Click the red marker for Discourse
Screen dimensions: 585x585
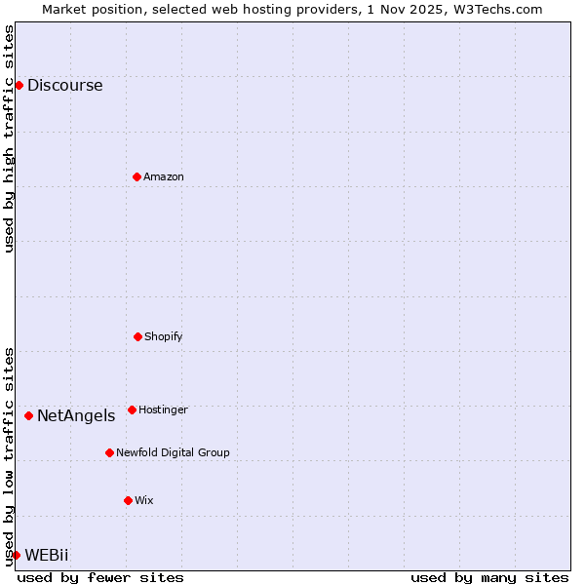click(x=19, y=85)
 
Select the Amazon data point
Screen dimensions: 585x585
click(x=136, y=176)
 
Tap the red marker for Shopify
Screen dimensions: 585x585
click(x=137, y=336)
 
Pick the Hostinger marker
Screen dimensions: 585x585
click(x=132, y=409)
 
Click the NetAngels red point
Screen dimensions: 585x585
click(x=28, y=415)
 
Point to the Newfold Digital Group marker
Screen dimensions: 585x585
click(x=109, y=452)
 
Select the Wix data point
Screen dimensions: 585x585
click(x=128, y=500)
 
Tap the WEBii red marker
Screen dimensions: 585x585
click(x=16, y=555)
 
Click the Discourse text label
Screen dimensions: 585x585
click(x=64, y=85)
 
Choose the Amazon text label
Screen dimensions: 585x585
click(x=164, y=176)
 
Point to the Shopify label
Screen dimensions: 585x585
click(x=164, y=336)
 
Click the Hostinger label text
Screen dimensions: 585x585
click(x=163, y=409)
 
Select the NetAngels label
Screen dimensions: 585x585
click(x=76, y=415)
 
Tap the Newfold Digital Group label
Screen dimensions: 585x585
click(x=173, y=452)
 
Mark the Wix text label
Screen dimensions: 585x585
click(x=144, y=500)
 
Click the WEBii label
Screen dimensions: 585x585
click(x=47, y=555)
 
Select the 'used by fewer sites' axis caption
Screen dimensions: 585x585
click(x=100, y=577)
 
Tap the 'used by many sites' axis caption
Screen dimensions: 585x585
click(x=489, y=577)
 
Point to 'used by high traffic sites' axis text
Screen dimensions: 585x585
click(x=9, y=138)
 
